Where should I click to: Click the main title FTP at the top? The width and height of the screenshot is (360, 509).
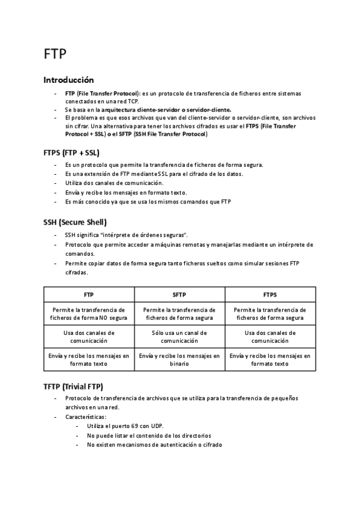pyautogui.click(x=55, y=54)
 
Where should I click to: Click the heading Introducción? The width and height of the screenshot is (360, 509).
pyautogui.click(x=69, y=80)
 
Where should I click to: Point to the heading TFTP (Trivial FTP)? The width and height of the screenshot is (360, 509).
pyautogui.click(x=77, y=386)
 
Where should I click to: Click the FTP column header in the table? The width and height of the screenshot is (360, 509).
pyautogui.click(x=89, y=295)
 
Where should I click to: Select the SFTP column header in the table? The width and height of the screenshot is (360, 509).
pyautogui.click(x=179, y=295)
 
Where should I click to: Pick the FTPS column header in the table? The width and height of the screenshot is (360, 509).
pyautogui.click(x=270, y=295)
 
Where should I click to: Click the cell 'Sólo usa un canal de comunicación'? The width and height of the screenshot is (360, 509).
pyautogui.click(x=179, y=336)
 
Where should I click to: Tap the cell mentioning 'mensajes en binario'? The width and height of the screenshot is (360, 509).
pyautogui.click(x=179, y=360)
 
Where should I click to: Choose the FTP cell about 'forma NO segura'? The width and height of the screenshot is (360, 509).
pyautogui.click(x=89, y=314)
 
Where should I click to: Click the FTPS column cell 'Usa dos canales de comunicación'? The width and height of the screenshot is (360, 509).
pyautogui.click(x=270, y=336)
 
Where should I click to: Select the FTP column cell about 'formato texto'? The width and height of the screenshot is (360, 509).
pyautogui.click(x=89, y=360)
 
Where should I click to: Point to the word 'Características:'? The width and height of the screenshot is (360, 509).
pyautogui.click(x=86, y=417)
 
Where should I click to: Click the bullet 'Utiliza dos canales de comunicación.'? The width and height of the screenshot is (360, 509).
pyautogui.click(x=106, y=183)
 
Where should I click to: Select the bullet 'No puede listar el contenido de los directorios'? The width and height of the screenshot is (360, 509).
pyautogui.click(x=149, y=435)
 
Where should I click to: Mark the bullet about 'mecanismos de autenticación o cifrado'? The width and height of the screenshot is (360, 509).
pyautogui.click(x=154, y=445)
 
